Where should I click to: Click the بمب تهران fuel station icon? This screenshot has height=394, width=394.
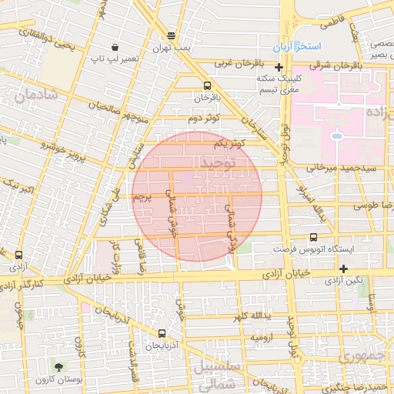[x=171, y=36]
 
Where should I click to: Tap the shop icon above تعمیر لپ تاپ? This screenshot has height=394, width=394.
[x=115, y=47]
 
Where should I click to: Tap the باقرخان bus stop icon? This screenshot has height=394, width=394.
[x=206, y=86]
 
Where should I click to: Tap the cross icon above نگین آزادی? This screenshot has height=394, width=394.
[x=343, y=269]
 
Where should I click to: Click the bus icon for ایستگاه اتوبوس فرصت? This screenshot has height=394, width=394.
[x=312, y=239]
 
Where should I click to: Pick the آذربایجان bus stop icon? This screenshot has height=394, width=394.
[x=162, y=333]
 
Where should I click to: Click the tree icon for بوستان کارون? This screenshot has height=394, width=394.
[x=58, y=364]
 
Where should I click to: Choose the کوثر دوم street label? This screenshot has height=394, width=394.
[x=204, y=118]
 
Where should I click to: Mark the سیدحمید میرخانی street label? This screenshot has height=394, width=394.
[x=350, y=166]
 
